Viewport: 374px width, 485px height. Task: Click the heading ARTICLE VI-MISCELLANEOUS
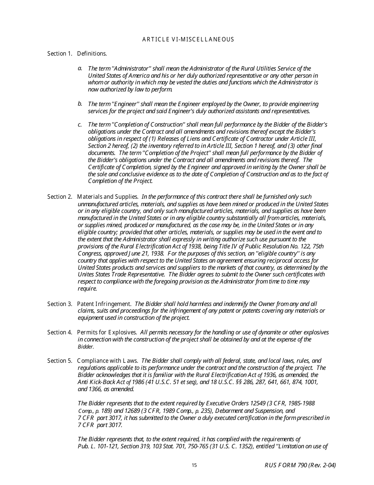[x=188, y=39]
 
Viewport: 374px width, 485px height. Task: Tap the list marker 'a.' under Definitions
[x=80, y=68]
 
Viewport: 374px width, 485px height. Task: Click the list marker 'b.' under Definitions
[x=80, y=104]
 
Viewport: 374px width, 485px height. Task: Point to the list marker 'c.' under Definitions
[x=80, y=125]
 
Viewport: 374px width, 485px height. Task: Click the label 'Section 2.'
[x=59, y=197]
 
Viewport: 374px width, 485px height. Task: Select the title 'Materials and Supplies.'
[x=107, y=197]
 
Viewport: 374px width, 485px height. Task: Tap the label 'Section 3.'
[x=59, y=304]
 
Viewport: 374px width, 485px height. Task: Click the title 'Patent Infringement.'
[x=104, y=304]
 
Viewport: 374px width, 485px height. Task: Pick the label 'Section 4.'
[x=59, y=332]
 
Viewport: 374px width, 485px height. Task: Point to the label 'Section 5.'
[x=59, y=361]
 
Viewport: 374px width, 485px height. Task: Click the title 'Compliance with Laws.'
[x=107, y=361]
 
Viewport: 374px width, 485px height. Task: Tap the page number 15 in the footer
[x=194, y=465]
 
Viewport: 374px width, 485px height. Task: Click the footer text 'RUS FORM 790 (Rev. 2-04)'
[x=300, y=465]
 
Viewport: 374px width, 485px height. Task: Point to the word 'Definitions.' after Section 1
[x=92, y=54]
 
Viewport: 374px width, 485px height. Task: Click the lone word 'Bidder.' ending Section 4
[x=86, y=347]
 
